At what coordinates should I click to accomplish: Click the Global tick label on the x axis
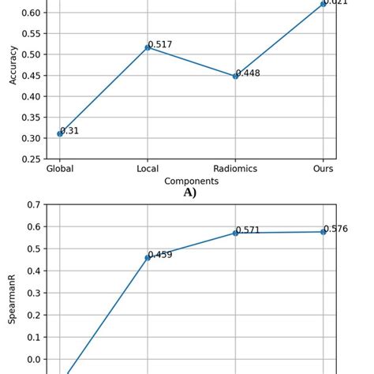coord(60,169)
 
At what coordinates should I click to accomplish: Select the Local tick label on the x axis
coord(148,169)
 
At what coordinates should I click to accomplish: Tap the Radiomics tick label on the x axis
coord(235,169)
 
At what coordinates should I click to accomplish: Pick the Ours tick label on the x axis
coord(324,169)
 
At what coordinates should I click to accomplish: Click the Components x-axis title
coord(191,181)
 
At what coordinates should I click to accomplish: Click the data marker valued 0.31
coord(60,133)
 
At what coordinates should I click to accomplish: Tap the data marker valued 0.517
coord(148,47)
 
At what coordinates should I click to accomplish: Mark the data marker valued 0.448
coord(235,76)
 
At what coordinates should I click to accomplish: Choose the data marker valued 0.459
coord(148,257)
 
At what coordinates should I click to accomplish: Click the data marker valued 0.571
coord(235,233)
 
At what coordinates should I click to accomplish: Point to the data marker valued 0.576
coord(324,231)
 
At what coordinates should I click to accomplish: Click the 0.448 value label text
coord(248,73)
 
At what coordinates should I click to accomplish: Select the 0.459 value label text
coord(160,255)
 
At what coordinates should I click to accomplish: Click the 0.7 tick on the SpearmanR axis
coord(33,205)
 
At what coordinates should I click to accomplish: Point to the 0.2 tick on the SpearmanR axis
coord(33,315)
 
